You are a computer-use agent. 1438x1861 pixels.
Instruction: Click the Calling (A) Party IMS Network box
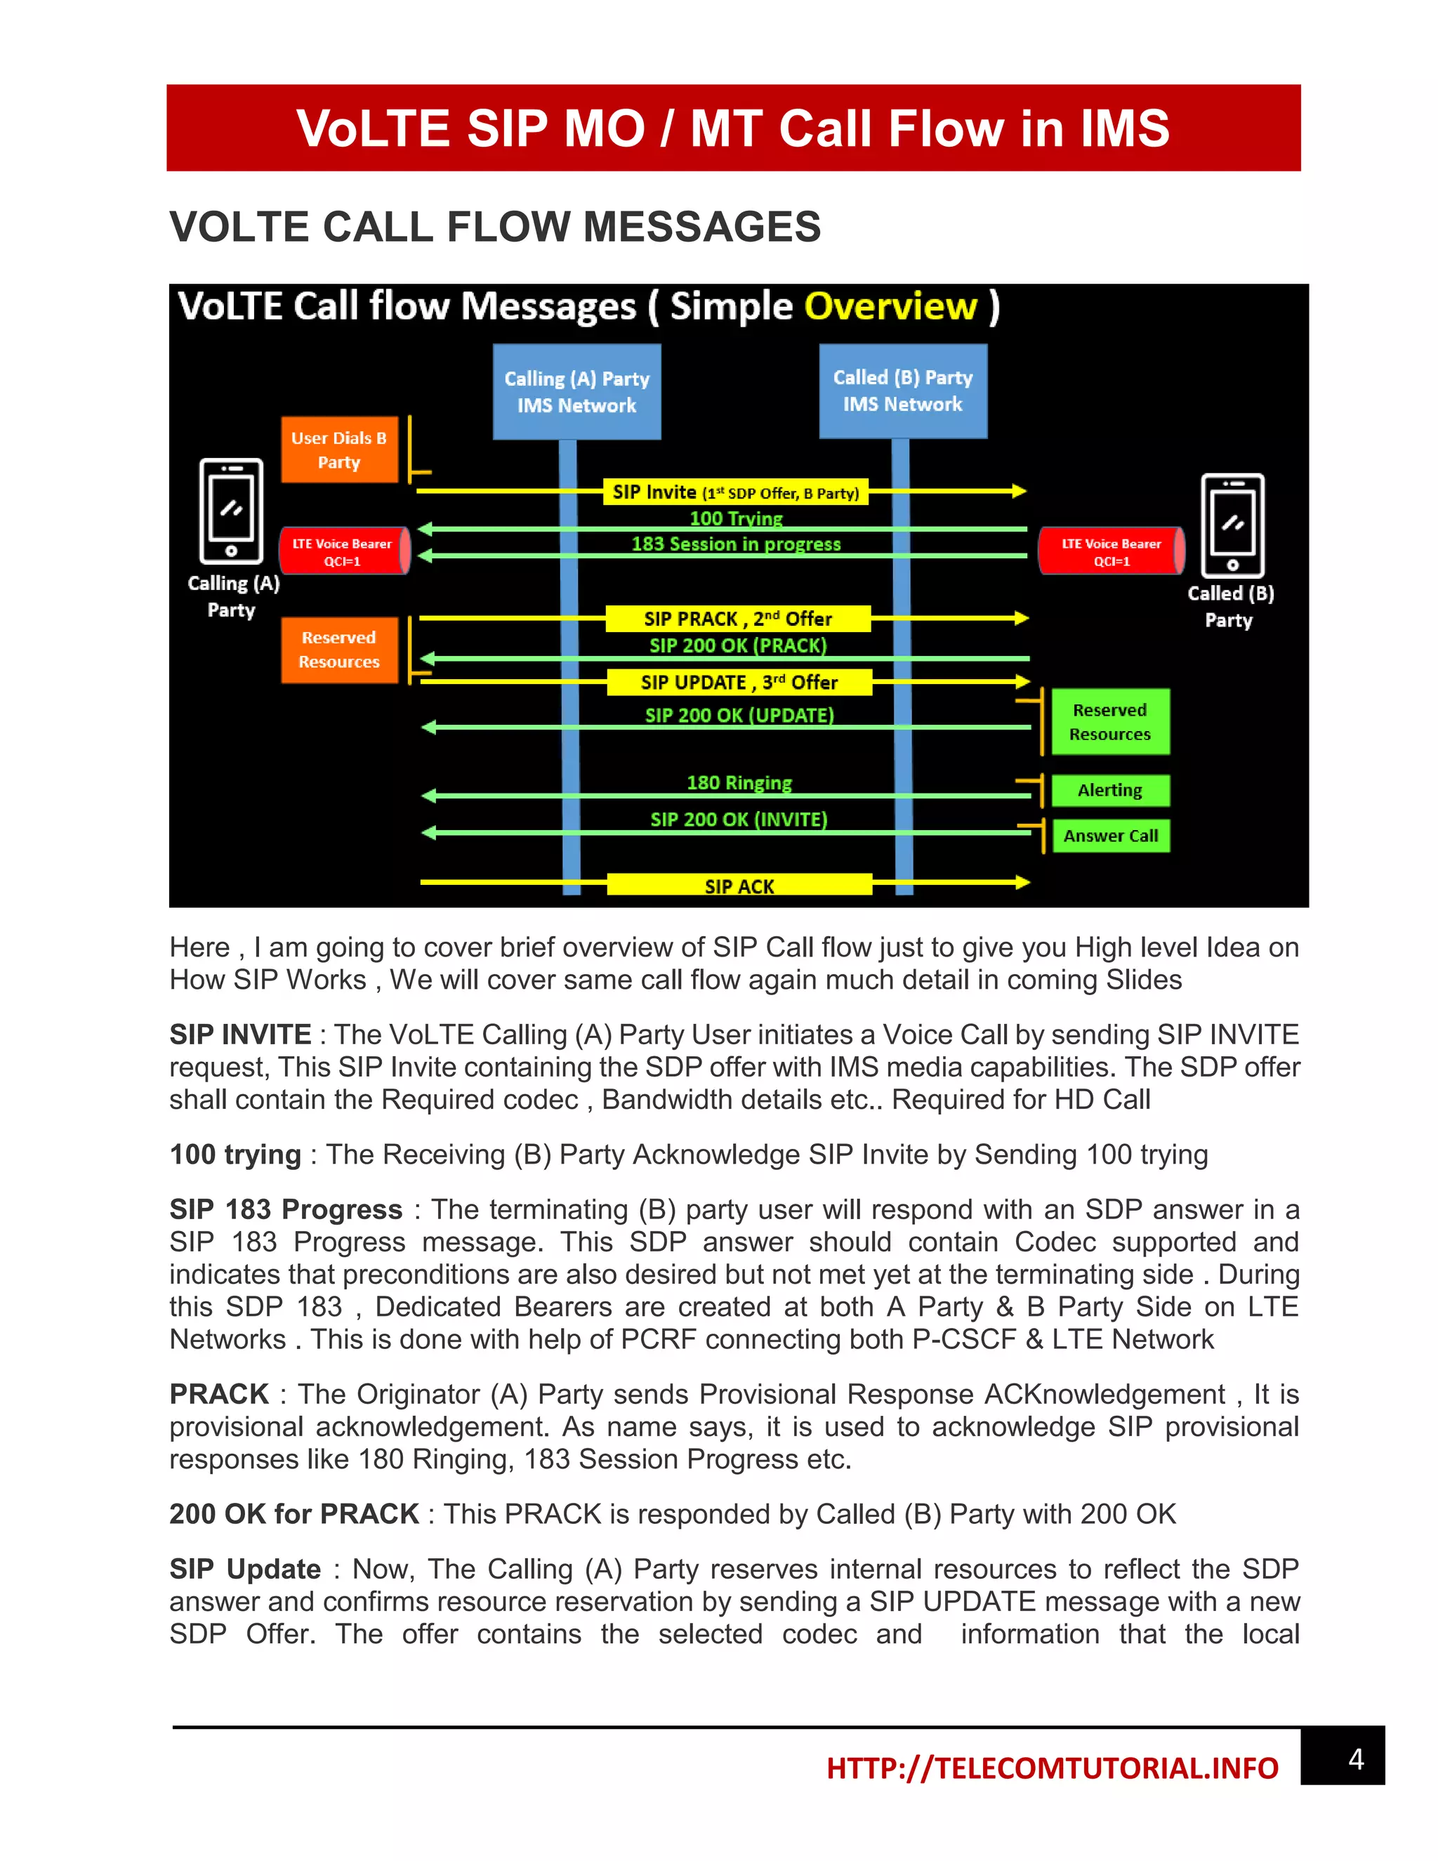(576, 392)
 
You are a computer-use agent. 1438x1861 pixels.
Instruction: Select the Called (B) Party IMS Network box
(903, 391)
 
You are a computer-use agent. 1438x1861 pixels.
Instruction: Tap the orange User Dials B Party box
(339, 450)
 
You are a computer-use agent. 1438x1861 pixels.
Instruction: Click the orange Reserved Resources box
(339, 650)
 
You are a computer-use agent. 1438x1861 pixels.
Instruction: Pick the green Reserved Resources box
(1110, 722)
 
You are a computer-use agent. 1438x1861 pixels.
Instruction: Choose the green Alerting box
(1110, 790)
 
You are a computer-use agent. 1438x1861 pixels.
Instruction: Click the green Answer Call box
(1110, 836)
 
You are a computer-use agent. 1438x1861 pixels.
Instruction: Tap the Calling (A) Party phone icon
(231, 511)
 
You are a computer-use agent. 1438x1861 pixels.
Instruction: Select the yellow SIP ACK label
(739, 886)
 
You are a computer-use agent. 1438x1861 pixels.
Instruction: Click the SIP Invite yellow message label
(735, 492)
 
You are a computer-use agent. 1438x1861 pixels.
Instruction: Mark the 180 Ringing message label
(739, 782)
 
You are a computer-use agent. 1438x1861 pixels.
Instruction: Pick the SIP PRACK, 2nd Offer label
(738, 619)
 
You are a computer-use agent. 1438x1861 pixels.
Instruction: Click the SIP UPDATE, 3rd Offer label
(739, 683)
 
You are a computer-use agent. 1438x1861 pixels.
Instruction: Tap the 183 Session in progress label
(736, 544)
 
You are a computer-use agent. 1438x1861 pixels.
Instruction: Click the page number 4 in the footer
(1357, 1760)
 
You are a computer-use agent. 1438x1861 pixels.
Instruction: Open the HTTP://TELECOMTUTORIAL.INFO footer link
(1052, 1768)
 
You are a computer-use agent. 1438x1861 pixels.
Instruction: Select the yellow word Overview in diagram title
(890, 307)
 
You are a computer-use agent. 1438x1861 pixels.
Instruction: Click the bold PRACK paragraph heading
(219, 1394)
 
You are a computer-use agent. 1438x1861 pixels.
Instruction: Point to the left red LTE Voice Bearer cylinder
(343, 551)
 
